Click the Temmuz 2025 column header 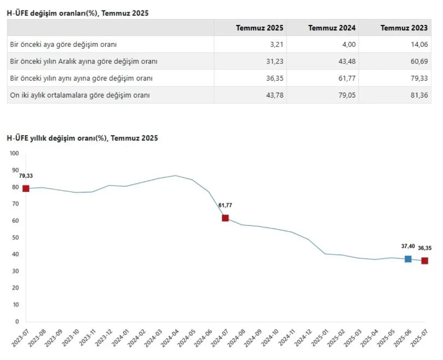point(260,28)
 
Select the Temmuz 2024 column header point(332,28)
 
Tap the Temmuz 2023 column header point(404,28)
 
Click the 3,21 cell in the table point(277,44)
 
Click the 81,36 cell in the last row point(420,95)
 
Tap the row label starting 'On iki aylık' point(80,95)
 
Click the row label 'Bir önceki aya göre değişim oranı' point(63,44)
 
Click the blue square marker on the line point(408,259)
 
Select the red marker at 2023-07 point(26,189)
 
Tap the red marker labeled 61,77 point(225,218)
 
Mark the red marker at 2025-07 point(425,261)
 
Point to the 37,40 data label point(408,246)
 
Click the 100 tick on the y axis point(14,153)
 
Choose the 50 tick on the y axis point(16,237)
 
